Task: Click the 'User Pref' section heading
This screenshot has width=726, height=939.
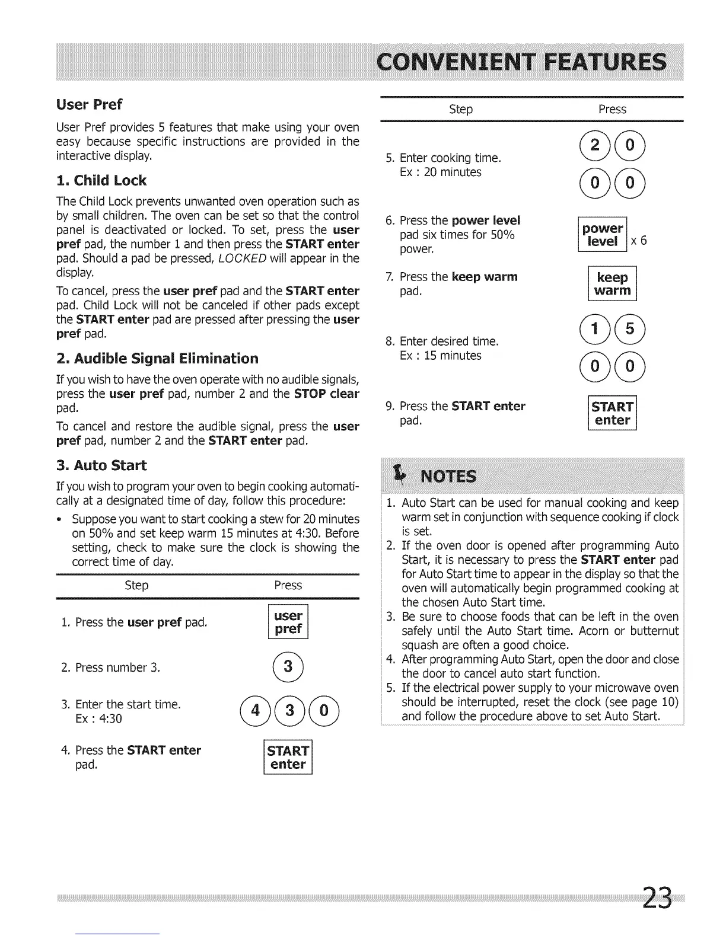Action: [89, 105]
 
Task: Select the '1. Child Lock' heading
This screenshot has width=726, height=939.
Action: [101, 181]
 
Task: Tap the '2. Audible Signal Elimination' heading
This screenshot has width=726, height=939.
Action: [157, 359]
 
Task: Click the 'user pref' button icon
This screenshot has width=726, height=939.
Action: [288, 622]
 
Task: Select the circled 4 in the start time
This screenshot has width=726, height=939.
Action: [256, 710]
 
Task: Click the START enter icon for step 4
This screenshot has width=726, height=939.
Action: [288, 758]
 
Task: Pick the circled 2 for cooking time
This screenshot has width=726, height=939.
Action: [595, 146]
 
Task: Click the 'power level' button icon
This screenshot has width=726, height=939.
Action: [603, 235]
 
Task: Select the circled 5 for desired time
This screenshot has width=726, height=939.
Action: [630, 329]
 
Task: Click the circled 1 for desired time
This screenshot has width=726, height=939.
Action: [595, 329]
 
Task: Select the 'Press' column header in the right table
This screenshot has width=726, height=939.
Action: [612, 110]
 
